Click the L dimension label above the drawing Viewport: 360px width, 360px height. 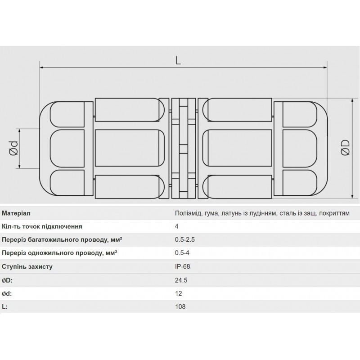[x=178, y=61]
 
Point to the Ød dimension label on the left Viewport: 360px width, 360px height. [x=14, y=148]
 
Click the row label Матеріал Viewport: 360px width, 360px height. [x=17, y=213]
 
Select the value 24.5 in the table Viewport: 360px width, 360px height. [x=181, y=280]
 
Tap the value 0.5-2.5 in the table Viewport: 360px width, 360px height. [x=185, y=240]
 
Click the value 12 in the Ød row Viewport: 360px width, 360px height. [x=179, y=293]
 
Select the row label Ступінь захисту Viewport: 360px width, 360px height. [x=27, y=266]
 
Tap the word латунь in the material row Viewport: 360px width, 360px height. [x=232, y=213]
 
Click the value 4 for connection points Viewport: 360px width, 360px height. [x=177, y=226]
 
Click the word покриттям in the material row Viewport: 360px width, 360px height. [x=333, y=213]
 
